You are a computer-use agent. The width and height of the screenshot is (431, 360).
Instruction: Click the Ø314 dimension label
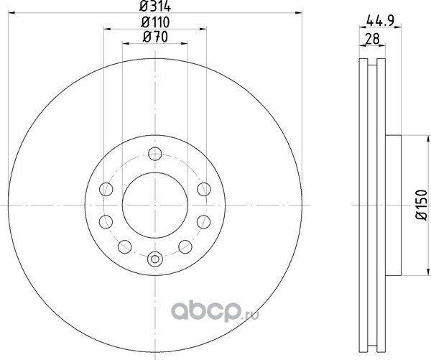coord(155,6)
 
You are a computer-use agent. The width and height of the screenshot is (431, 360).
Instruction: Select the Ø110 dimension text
coord(155,22)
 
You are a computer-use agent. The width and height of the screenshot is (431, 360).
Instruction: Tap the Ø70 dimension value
coord(155,37)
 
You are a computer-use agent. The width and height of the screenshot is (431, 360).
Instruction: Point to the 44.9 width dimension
coord(381,20)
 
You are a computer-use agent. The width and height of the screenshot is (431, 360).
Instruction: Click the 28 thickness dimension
coord(372,39)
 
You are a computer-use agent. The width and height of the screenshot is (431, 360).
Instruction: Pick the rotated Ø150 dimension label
coord(422,205)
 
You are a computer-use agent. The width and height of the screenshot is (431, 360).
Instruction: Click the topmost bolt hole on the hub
coord(155,154)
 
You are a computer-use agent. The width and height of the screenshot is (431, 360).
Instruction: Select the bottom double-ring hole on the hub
coord(155,259)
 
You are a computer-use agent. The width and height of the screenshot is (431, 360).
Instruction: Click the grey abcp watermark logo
coord(205,312)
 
